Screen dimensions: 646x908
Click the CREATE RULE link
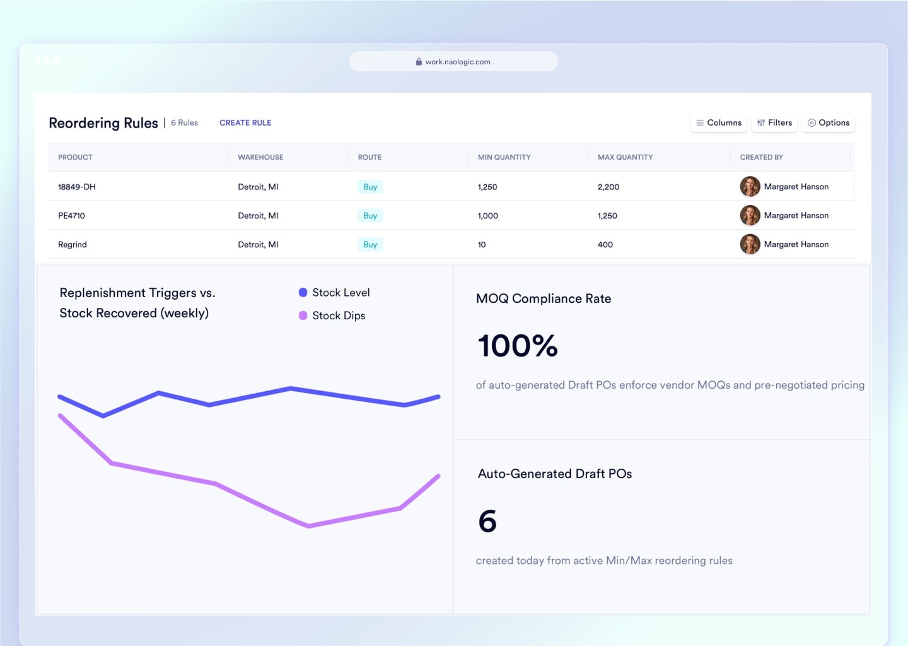245,123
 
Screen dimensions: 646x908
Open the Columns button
719,123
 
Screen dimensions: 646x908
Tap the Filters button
774,123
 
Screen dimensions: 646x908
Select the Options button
829,123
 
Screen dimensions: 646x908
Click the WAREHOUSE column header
260,157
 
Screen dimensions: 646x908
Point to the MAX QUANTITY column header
625,157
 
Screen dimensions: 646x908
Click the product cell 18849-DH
77,187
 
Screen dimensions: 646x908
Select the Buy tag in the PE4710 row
370,216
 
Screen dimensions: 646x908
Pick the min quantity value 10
482,245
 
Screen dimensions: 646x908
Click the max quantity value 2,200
608,187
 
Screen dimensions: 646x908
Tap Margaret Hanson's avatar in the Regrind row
750,244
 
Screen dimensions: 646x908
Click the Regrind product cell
73,245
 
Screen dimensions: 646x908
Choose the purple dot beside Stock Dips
303,315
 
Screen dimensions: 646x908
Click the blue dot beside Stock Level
303,293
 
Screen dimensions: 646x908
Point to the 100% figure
518,346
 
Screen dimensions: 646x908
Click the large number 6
487,522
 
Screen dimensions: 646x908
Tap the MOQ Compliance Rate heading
544,299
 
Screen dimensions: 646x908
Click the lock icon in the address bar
419,62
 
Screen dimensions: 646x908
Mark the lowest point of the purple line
309,526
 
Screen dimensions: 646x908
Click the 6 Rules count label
184,123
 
